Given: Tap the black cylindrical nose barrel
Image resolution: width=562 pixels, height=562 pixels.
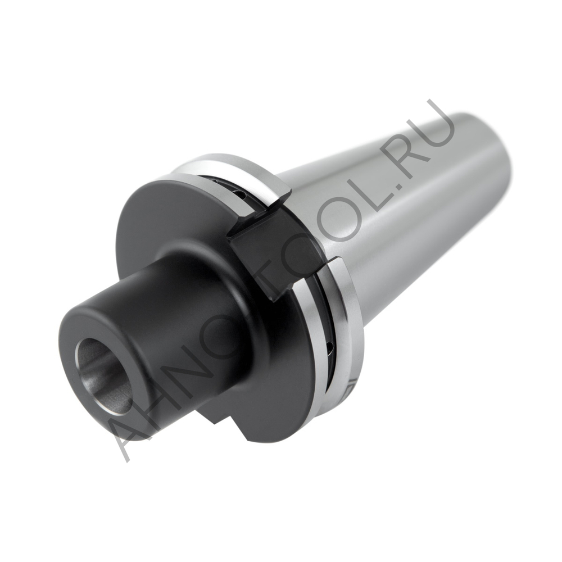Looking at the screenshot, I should (185, 315).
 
